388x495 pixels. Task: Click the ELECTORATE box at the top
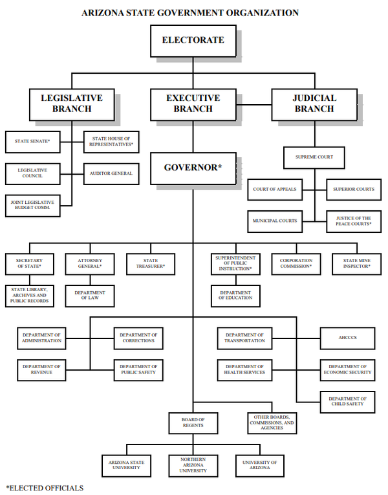[x=193, y=40]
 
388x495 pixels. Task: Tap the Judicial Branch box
[x=315, y=104]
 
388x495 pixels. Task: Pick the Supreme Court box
[x=315, y=157]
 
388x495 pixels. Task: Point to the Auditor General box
[x=111, y=173]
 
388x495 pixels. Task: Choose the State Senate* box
[x=32, y=141]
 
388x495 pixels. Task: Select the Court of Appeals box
[x=275, y=189]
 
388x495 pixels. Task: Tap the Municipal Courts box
[x=275, y=221]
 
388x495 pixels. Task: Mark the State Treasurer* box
[x=151, y=263]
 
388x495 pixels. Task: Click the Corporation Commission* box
[x=296, y=263]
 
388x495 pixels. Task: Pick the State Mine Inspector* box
[x=357, y=263]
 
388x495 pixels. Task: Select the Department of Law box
[x=89, y=296]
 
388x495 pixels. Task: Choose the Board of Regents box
[x=193, y=423]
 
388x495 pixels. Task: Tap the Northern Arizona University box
[x=193, y=466]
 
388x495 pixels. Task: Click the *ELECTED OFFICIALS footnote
[x=45, y=487]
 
